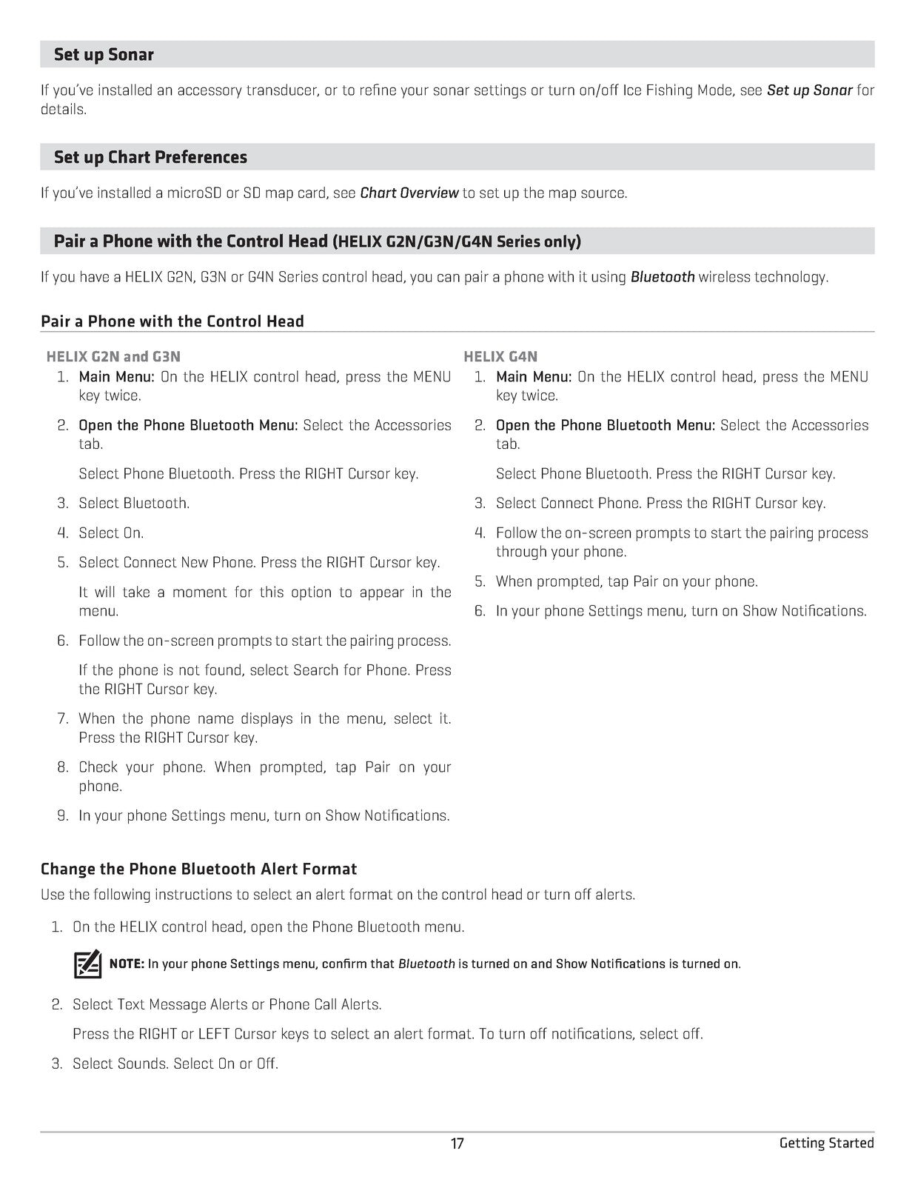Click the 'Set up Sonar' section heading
click(x=104, y=55)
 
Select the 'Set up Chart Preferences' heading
click(x=150, y=157)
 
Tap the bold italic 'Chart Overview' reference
click(x=409, y=193)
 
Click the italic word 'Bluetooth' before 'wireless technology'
click(x=662, y=277)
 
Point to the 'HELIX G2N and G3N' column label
click(x=113, y=356)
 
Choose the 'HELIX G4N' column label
click(x=500, y=356)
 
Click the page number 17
click(x=457, y=1144)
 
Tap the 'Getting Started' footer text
click(x=826, y=1143)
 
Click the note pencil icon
click(x=87, y=964)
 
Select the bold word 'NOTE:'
click(x=127, y=964)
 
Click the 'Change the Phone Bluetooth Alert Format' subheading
click(x=198, y=869)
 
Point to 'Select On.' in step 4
click(x=111, y=533)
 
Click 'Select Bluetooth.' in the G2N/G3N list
click(x=134, y=503)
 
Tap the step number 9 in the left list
click(x=63, y=815)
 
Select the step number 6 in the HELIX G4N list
click(x=480, y=611)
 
